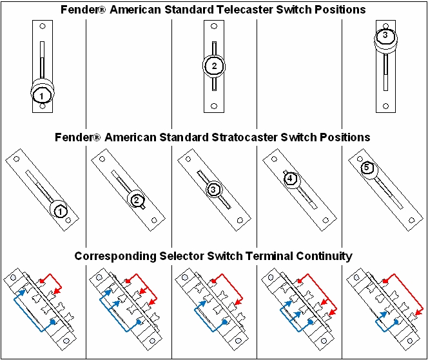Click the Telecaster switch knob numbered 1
tap(41, 95)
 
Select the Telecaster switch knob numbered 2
tap(214, 66)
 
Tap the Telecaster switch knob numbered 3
tap(385, 37)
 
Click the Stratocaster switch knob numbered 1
tap(59, 210)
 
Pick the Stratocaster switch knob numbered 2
tap(137, 200)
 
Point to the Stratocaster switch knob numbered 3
tap(213, 190)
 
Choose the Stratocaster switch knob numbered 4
tap(290, 179)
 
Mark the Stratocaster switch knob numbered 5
tap(367, 168)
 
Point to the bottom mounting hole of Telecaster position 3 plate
tap(385, 106)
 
